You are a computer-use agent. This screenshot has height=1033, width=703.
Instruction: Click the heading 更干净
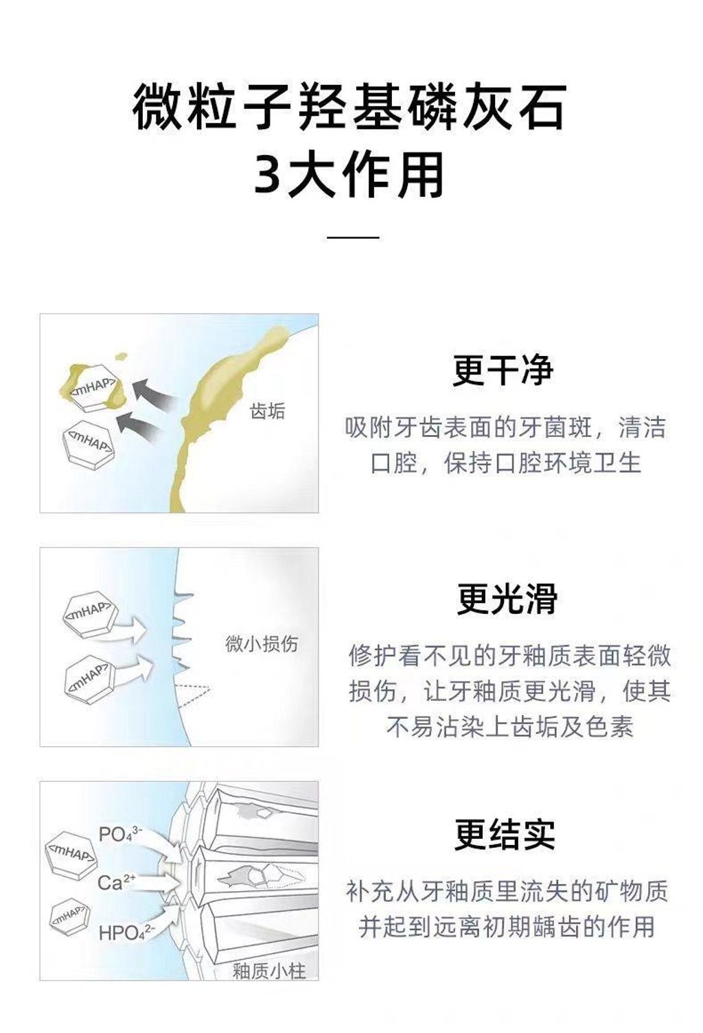pyautogui.click(x=503, y=370)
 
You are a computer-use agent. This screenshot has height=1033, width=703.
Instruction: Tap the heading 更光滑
pyautogui.click(x=507, y=599)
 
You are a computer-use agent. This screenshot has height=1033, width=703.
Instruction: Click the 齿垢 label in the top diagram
pyautogui.click(x=267, y=411)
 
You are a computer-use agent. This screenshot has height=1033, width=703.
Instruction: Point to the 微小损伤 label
pyautogui.click(x=262, y=644)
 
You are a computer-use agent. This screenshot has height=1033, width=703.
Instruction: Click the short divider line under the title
pyautogui.click(x=353, y=237)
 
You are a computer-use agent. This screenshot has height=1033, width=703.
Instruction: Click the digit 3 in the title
pyautogui.click(x=268, y=175)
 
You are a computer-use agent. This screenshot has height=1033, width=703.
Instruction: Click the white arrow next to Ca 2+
pyautogui.click(x=157, y=881)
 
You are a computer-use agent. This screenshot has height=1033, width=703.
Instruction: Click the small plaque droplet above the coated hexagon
pyautogui.click(x=122, y=357)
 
